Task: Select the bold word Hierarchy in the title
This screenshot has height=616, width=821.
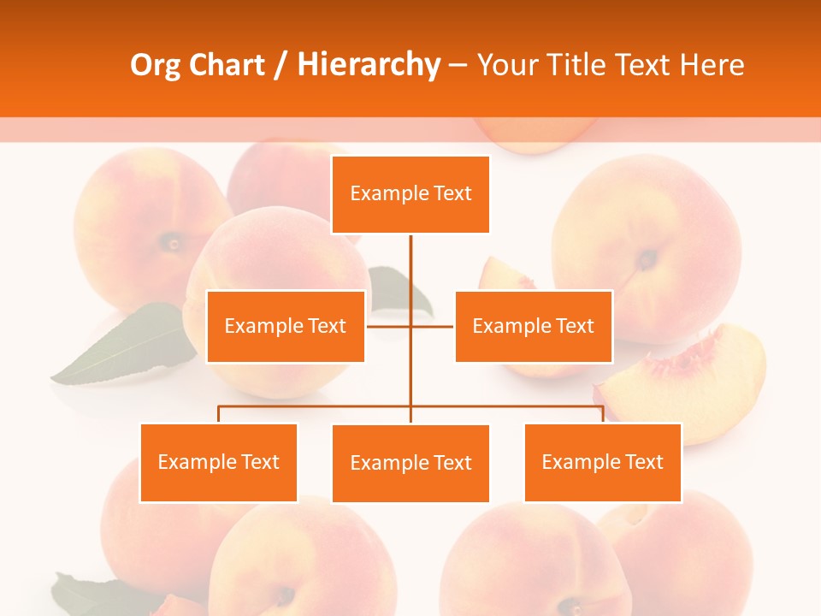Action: click(368, 65)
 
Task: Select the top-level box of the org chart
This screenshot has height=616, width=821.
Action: click(410, 194)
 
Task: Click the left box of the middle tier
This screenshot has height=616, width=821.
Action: click(286, 326)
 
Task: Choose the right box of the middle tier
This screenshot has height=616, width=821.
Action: click(534, 326)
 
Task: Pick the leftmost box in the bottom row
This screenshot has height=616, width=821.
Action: click(218, 462)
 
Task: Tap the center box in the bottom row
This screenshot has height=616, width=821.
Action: click(410, 463)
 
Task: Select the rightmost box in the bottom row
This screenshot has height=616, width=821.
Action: click(602, 462)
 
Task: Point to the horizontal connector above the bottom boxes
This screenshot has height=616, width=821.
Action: click(316, 406)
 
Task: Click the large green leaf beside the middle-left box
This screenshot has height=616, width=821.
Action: click(128, 346)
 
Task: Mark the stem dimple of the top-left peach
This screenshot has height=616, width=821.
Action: click(174, 243)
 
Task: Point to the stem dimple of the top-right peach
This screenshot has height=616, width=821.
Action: click(647, 258)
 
